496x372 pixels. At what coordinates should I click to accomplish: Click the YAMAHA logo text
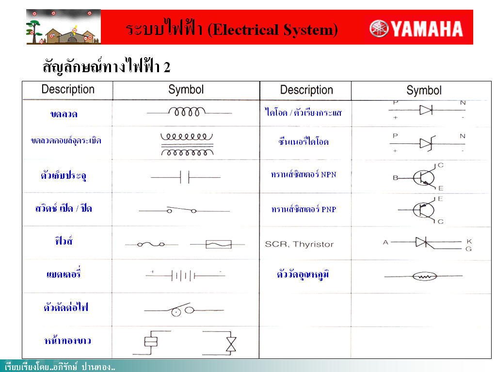click(427, 29)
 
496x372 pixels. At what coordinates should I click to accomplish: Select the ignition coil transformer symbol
click(187, 144)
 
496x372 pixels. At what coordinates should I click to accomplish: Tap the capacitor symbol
click(185, 177)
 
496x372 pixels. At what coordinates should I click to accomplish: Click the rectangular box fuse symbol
click(218, 244)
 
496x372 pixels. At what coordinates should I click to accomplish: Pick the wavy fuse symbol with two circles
click(151, 244)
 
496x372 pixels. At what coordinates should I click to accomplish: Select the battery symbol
click(185, 275)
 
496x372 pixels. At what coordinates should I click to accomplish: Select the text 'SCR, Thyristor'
click(299, 244)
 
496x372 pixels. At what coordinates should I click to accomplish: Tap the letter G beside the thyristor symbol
click(468, 249)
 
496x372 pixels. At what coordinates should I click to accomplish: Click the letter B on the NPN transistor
click(396, 178)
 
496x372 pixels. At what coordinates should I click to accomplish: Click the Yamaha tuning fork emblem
click(379, 29)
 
